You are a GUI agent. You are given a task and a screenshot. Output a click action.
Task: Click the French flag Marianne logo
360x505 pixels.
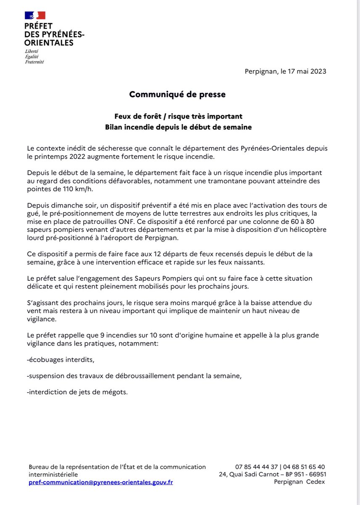(35, 15)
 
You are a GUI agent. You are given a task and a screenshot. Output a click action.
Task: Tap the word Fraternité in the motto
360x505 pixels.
(34, 62)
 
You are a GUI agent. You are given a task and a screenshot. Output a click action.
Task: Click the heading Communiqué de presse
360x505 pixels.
(177, 95)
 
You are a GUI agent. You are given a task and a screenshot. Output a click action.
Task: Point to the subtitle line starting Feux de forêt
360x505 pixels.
(178, 116)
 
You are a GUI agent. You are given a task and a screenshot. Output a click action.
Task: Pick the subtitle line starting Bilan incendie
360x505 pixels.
(178, 127)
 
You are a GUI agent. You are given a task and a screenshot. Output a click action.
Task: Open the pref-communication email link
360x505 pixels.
(101, 482)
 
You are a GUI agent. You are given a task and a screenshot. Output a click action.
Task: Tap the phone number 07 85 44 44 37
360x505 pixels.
(257, 467)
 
